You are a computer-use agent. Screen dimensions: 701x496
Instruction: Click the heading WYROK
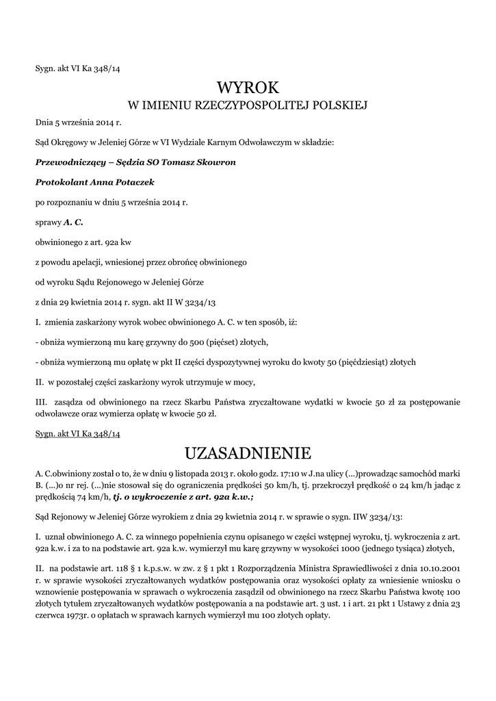point(248,88)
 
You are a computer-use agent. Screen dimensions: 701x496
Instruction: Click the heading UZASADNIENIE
point(248,453)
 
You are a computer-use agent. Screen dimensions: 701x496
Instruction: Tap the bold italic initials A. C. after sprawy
point(73,222)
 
